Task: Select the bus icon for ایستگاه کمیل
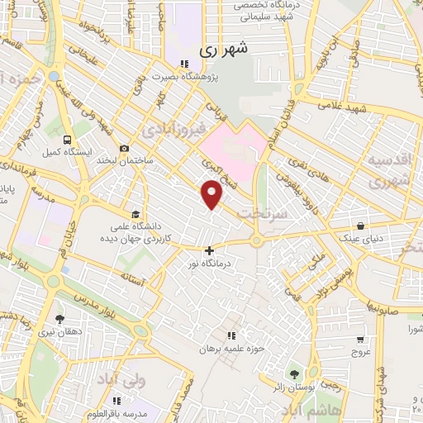[x=66, y=140]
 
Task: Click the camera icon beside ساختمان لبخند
[x=124, y=149]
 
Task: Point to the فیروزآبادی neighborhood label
[x=170, y=130]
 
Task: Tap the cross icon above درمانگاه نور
[x=208, y=250]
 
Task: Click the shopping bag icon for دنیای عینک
[x=361, y=225]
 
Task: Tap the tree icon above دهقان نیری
[x=59, y=318]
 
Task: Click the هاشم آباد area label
[x=299, y=411]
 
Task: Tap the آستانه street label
[x=132, y=283]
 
